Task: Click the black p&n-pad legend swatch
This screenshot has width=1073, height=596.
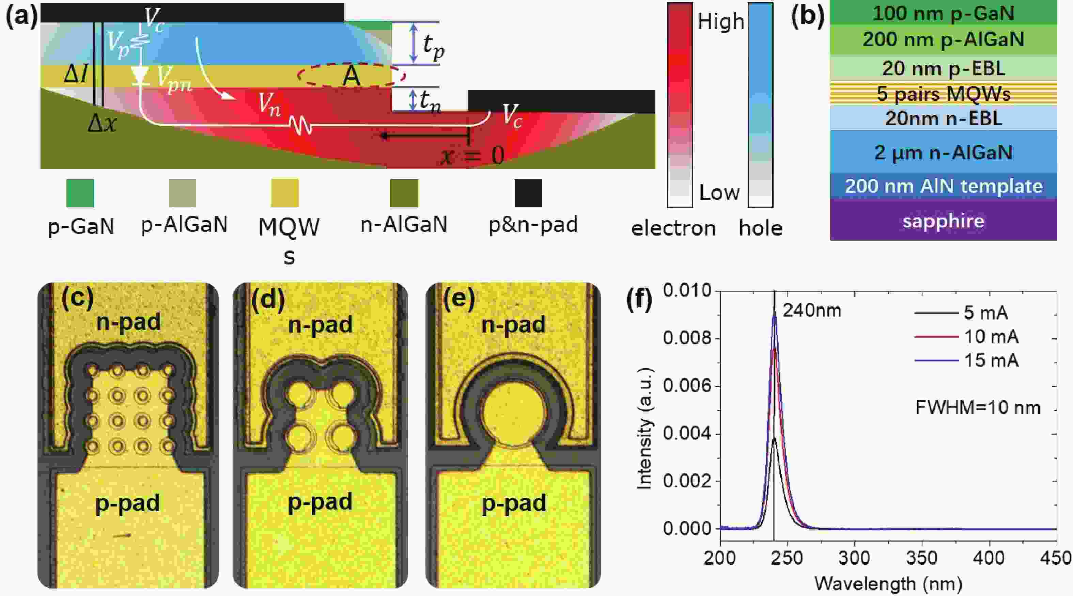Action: pyautogui.click(x=528, y=193)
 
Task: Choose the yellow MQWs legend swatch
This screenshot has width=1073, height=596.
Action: pyautogui.click(x=284, y=193)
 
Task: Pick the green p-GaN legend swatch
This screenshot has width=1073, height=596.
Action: pyautogui.click(x=80, y=193)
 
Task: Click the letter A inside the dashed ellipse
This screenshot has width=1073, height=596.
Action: pyautogui.click(x=351, y=76)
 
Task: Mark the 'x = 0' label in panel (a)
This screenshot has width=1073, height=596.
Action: pyautogui.click(x=472, y=156)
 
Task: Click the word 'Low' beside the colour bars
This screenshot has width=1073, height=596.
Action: pyautogui.click(x=719, y=192)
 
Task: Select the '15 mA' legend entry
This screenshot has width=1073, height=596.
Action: pyautogui.click(x=991, y=360)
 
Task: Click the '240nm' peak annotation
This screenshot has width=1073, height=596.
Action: pyautogui.click(x=811, y=310)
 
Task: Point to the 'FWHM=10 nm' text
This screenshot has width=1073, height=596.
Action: pyautogui.click(x=977, y=407)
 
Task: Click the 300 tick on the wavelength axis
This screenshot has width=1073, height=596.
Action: pyautogui.click(x=854, y=558)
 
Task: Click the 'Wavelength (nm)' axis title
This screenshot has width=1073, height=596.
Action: pyautogui.click(x=888, y=583)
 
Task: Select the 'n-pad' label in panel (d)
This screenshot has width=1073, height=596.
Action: pyautogui.click(x=320, y=324)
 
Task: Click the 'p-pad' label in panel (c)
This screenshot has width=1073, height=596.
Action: pyautogui.click(x=127, y=503)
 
